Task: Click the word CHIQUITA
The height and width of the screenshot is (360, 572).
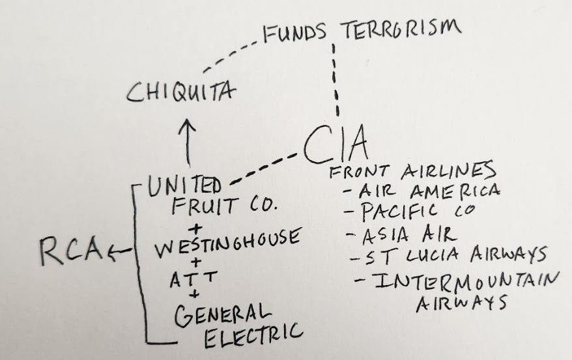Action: pyautogui.click(x=180, y=94)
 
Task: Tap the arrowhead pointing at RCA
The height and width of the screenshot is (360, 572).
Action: pyautogui.click(x=115, y=250)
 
